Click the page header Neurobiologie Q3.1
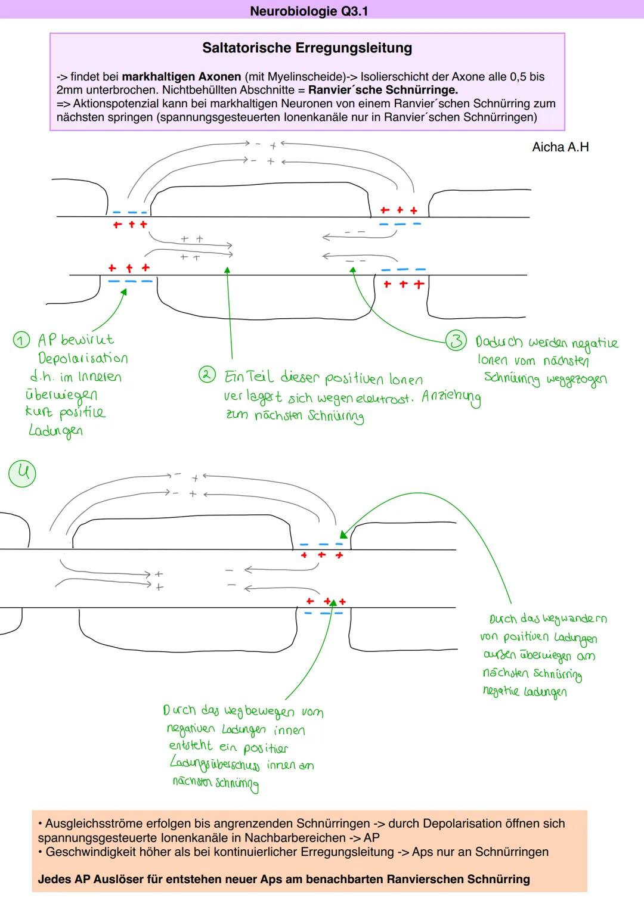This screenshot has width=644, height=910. pos(308,11)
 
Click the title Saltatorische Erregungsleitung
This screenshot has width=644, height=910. pos(307,48)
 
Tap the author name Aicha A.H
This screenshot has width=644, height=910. pos(560,147)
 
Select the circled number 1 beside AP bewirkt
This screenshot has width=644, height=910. pos(21,340)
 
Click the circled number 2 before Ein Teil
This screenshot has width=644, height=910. pos(206,375)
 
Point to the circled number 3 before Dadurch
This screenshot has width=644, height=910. pos(456,341)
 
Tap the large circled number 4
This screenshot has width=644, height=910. pos(22,473)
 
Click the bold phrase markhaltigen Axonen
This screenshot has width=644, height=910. pos(181,77)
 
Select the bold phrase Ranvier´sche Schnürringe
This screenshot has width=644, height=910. pos(383,91)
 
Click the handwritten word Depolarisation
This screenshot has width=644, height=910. pos(83,358)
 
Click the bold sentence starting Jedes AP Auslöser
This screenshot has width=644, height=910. pos(284,879)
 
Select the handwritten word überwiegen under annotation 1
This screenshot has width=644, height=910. pos(61,395)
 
